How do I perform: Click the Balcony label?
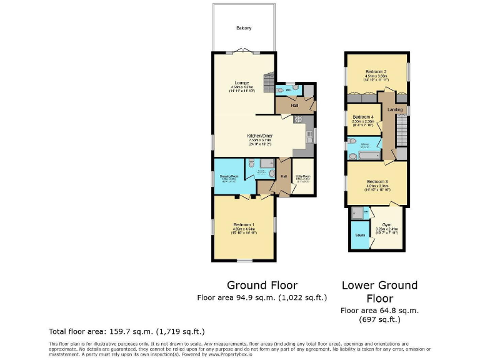pos(244,29)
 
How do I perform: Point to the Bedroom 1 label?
pos(243,224)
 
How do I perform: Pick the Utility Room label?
pos(303,177)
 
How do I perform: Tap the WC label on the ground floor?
pos(289,91)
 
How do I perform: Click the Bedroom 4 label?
pos(363,117)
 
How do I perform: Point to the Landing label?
pos(395,110)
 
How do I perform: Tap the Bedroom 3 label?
pos(376,181)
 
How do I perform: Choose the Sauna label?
pos(360,235)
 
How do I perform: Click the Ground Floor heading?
pos(261,286)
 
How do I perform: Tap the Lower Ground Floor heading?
pos(379,292)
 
